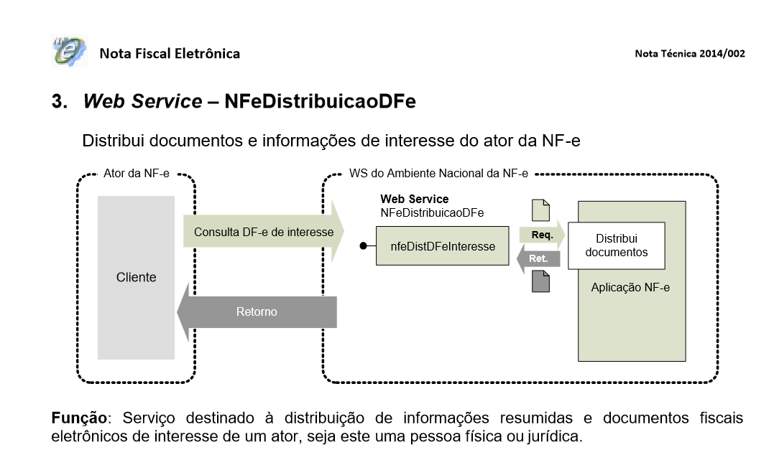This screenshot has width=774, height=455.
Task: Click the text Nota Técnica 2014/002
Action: click(690, 54)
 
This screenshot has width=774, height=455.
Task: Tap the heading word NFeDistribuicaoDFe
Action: click(320, 101)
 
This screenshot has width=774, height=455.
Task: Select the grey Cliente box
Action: click(136, 277)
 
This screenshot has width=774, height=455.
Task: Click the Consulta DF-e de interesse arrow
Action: click(263, 232)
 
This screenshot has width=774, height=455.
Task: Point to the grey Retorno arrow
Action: click(257, 312)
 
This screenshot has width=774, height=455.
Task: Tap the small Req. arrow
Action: click(541, 235)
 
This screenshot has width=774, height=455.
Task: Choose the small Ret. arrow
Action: click(537, 258)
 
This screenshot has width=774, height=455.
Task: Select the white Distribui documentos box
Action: click(616, 245)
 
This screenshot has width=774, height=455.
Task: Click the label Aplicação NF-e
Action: click(631, 287)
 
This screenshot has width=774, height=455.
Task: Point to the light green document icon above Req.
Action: click(540, 210)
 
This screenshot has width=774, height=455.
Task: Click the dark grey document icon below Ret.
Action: click(540, 281)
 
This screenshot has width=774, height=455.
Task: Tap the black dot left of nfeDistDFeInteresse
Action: click(364, 246)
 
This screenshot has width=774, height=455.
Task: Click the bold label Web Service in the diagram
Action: click(414, 199)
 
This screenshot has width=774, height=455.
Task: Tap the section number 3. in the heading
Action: click(59, 101)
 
